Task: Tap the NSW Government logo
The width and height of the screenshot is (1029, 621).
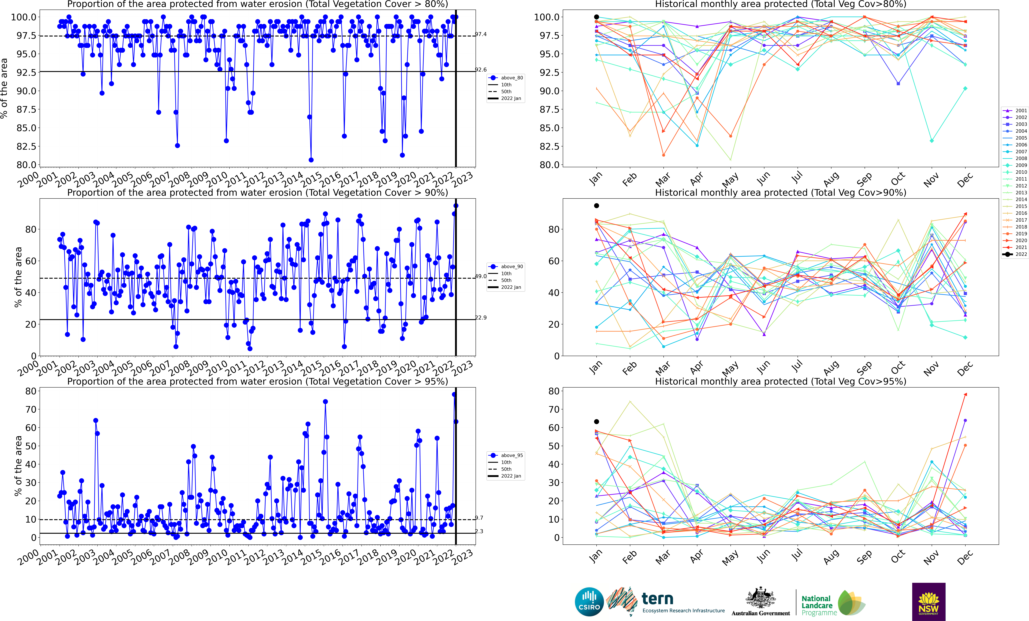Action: coord(928,602)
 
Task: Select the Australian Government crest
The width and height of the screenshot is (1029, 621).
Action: coord(760,598)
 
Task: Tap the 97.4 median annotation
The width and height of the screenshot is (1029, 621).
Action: coord(481,34)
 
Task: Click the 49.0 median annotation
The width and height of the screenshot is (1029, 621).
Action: coord(481,276)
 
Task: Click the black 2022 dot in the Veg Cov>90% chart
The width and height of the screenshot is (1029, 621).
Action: coord(596,206)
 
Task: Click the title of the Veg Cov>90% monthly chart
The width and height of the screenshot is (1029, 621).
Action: coord(780,193)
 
